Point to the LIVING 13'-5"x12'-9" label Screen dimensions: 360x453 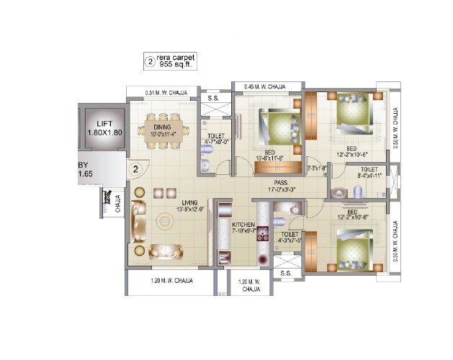(190, 206)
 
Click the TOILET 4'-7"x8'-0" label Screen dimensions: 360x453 (215, 138)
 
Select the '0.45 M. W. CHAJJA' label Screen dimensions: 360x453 (264, 86)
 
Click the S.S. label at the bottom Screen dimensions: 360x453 (285, 274)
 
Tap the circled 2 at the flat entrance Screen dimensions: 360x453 (135, 170)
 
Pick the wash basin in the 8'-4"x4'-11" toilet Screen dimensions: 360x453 (338, 192)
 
